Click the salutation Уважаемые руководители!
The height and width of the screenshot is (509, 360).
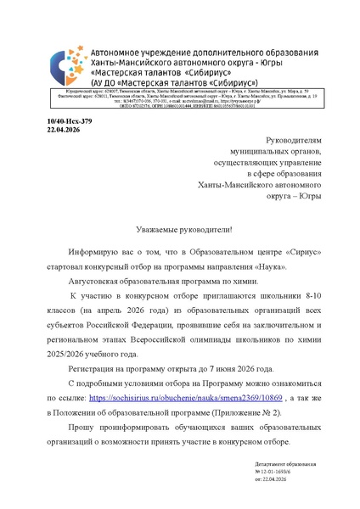pos(183,230)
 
